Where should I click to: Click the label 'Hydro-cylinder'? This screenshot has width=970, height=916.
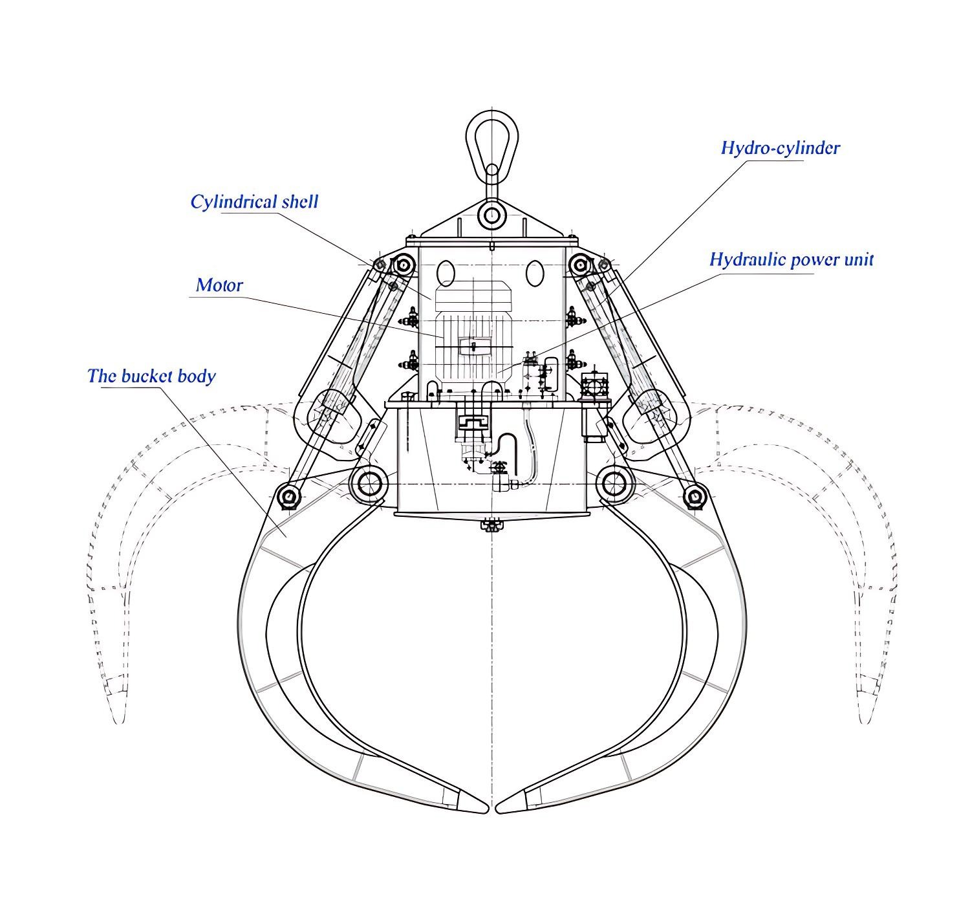pyautogui.click(x=780, y=148)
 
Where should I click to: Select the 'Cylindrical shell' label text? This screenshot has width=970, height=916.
pyautogui.click(x=254, y=201)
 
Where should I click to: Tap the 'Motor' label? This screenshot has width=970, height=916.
pyautogui.click(x=219, y=285)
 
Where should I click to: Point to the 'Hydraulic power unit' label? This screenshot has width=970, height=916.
pyautogui.click(x=791, y=259)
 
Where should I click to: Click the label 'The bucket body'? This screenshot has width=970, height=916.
pyautogui.click(x=151, y=376)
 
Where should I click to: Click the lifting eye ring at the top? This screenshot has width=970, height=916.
pyautogui.click(x=492, y=139)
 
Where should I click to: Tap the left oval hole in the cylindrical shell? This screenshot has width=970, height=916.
pyautogui.click(x=446, y=273)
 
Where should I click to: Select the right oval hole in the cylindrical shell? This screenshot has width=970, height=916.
pyautogui.click(x=535, y=273)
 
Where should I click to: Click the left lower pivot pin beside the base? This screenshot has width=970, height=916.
pyautogui.click(x=369, y=483)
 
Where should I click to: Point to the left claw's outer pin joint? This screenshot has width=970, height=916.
pyautogui.click(x=288, y=497)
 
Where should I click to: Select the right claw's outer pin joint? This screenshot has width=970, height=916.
pyautogui.click(x=695, y=497)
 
